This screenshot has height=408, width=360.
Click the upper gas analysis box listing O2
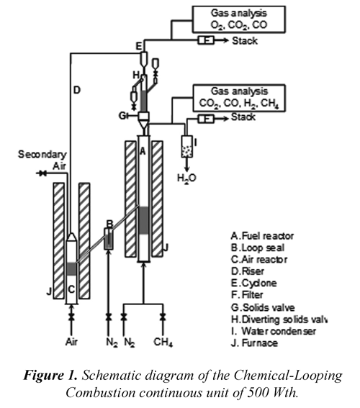[239, 19]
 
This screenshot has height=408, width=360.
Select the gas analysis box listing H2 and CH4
[239, 98]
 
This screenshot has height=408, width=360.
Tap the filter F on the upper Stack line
[206, 40]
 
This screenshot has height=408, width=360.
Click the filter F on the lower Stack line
[206, 119]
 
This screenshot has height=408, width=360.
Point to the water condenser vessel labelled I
[187, 147]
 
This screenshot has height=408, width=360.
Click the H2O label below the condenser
[186, 178]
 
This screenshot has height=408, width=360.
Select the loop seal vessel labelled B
[109, 239]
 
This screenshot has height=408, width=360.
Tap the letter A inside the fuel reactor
[143, 151]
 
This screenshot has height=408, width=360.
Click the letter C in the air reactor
[71, 289]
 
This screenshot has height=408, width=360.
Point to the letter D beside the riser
[77, 90]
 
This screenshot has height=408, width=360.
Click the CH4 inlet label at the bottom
[163, 342]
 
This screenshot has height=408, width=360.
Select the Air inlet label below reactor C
[71, 341]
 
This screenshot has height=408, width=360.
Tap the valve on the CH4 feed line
[163, 317]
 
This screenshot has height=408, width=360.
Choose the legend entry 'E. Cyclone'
[253, 283]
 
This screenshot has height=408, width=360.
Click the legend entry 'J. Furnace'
[254, 343]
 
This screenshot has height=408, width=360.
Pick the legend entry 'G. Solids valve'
[263, 307]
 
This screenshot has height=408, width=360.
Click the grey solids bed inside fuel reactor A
[144, 220]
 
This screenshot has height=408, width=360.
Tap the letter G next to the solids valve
[122, 116]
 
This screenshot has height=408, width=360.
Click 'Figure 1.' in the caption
[50, 376]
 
